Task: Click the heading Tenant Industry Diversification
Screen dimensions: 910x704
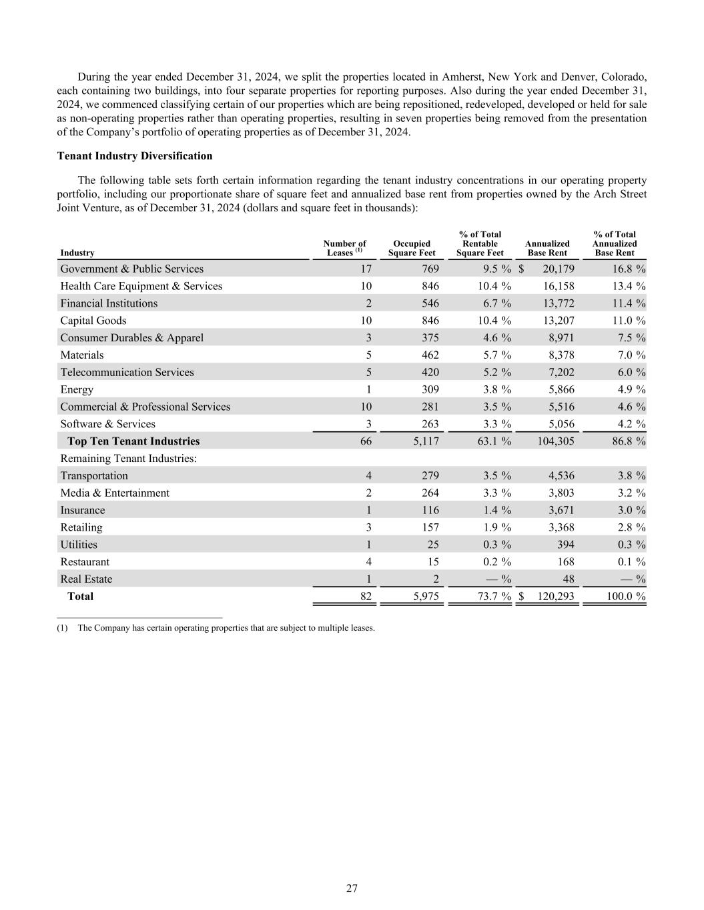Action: point(135,156)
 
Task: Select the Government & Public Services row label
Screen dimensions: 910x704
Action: point(131,269)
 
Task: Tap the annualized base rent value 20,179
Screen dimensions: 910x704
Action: point(555,269)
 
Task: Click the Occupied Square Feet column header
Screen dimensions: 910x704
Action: point(412,248)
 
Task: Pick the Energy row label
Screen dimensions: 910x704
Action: point(77,389)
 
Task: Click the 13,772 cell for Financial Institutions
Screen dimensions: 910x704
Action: point(555,303)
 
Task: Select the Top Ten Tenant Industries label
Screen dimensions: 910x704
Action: point(133,441)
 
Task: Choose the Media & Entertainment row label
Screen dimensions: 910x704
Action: point(115,493)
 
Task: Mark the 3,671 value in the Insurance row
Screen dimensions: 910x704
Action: point(559,510)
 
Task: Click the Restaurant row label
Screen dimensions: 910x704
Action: point(85,562)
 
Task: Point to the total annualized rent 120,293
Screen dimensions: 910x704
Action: point(555,596)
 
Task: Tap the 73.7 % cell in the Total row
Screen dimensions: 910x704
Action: point(494,596)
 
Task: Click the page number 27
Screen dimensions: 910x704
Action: point(352,888)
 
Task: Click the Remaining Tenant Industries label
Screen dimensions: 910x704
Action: point(128,459)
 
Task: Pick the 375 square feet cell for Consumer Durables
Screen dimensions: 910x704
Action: point(430,338)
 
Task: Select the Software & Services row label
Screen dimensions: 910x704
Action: point(107,424)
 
